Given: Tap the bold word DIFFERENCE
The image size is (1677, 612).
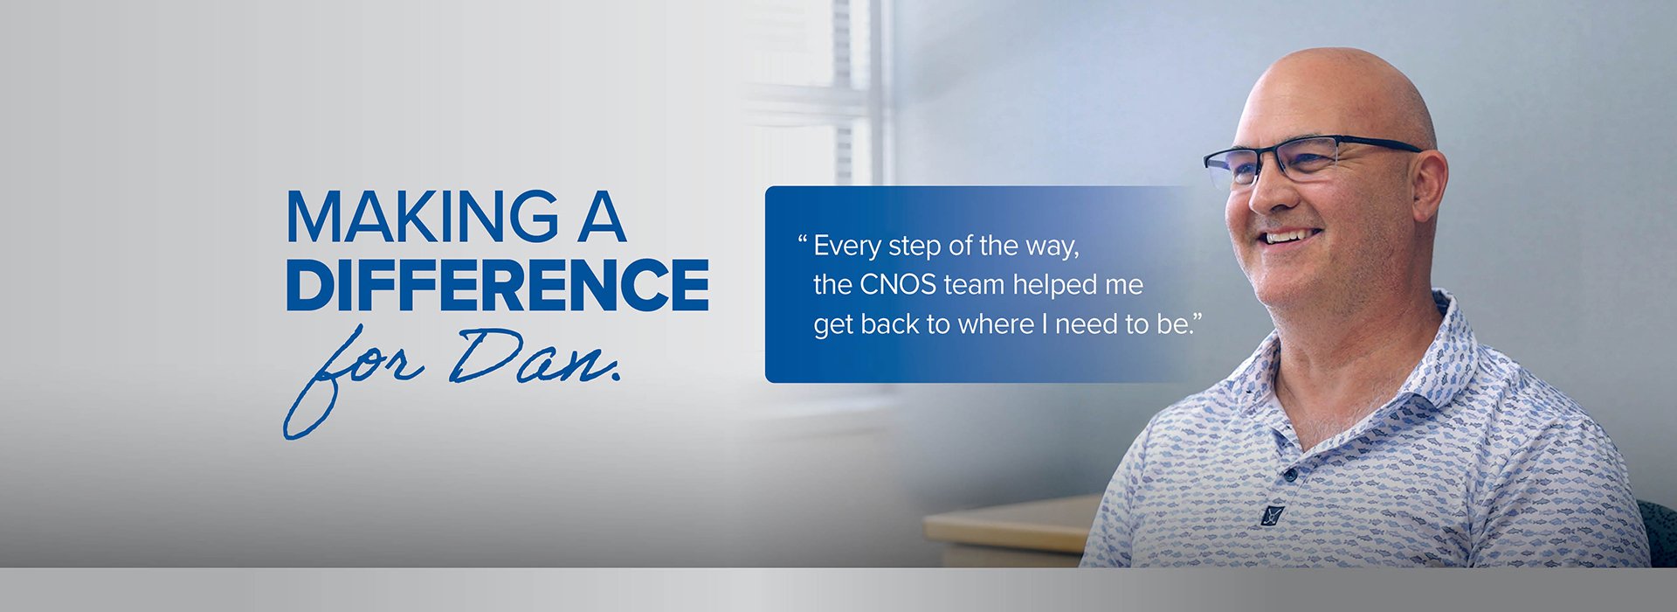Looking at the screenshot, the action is [498, 284].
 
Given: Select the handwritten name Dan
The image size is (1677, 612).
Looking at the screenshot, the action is [535, 357].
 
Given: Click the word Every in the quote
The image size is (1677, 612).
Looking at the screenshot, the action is [847, 247].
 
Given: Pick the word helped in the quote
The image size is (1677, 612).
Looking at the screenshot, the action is [1053, 286].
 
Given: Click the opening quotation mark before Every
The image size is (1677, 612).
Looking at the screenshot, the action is [802, 239].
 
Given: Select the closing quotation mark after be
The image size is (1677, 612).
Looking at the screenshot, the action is [1197, 317].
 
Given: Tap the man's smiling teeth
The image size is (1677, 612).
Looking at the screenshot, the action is [1291, 235].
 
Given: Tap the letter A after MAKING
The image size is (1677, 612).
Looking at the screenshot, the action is [601, 216].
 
